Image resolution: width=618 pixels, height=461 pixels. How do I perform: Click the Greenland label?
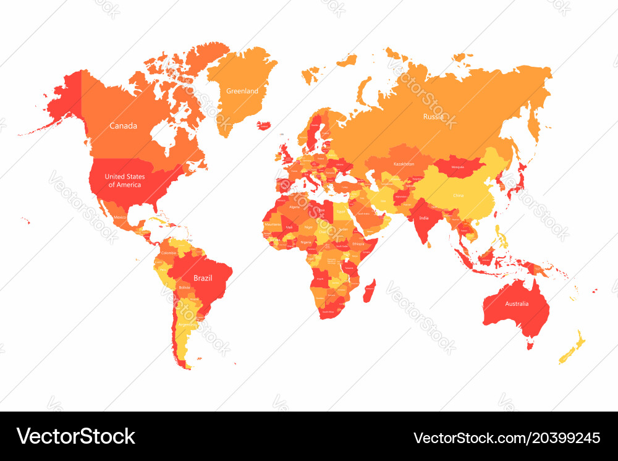point(242,91)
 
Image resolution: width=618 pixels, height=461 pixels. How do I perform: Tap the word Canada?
point(123,126)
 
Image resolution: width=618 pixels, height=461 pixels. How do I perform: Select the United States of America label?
point(124,180)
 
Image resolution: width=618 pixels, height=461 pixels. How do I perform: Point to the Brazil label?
point(203,278)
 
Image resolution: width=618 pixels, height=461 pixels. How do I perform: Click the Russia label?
point(433,116)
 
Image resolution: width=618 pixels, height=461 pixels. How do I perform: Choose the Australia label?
point(517,303)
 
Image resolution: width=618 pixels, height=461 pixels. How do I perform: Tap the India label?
point(423,218)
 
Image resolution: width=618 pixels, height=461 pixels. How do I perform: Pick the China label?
point(458,195)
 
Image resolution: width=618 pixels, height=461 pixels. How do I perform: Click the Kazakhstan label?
point(404,164)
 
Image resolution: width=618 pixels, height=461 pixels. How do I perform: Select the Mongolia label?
point(458,167)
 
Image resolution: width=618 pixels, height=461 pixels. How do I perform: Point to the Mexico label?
point(120,217)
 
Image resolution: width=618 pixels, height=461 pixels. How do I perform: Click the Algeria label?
point(294,207)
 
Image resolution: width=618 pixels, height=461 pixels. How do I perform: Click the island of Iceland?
point(264,125)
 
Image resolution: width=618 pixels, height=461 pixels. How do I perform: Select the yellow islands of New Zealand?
point(574,347)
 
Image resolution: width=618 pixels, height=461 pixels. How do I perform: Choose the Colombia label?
point(168,253)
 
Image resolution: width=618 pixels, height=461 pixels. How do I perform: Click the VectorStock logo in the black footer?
point(76,436)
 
